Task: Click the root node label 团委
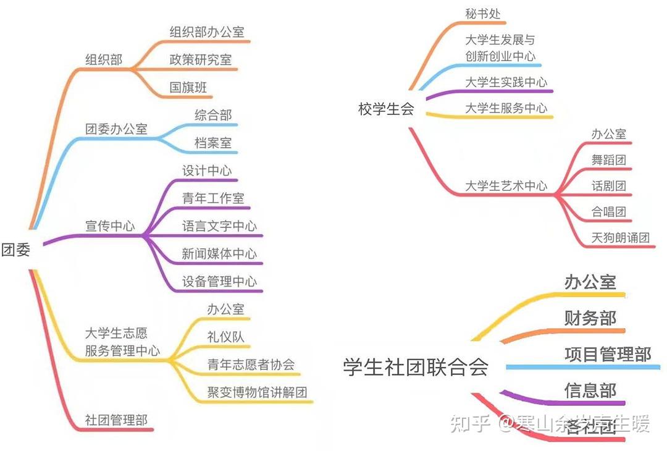(x=16, y=251)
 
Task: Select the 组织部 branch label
(x=104, y=60)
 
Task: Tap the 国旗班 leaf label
(x=188, y=88)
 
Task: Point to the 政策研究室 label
(x=201, y=60)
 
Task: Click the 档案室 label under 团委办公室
(x=213, y=143)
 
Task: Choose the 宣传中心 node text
(x=110, y=226)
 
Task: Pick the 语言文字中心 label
(x=219, y=226)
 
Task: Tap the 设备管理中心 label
(x=219, y=282)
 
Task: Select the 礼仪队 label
(x=226, y=337)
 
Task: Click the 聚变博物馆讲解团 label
(x=257, y=392)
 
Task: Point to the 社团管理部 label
(x=116, y=421)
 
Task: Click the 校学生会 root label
(x=386, y=109)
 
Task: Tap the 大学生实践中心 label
(x=506, y=82)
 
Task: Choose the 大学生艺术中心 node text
(x=506, y=186)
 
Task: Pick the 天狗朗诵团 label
(x=621, y=238)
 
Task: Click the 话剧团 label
(x=608, y=186)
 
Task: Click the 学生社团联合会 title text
(x=416, y=367)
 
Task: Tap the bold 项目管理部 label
(x=608, y=355)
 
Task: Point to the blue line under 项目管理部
(x=583, y=368)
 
